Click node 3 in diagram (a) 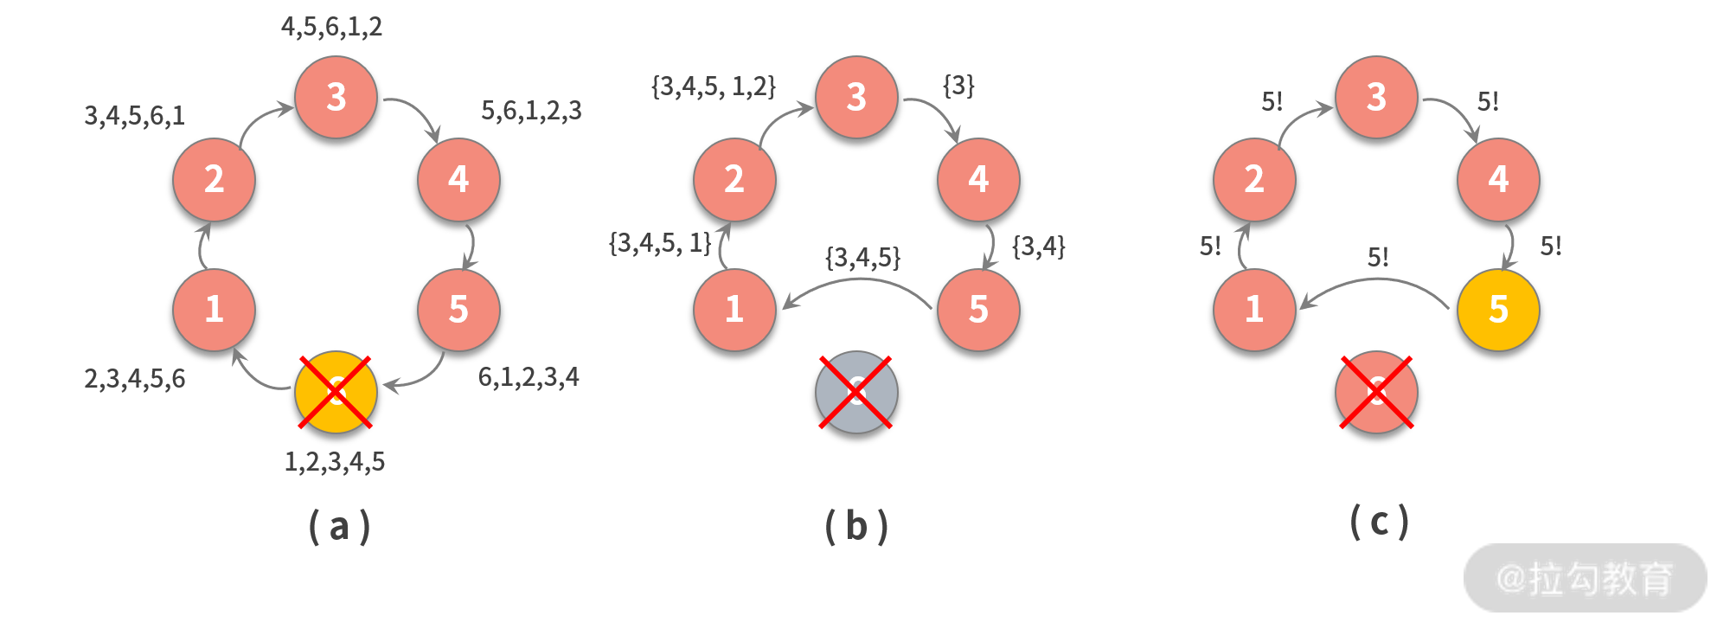coord(336,97)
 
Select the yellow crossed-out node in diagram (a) coord(336,392)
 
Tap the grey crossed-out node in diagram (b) coord(856,392)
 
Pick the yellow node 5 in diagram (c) coord(1498,309)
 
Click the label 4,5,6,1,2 coord(331,27)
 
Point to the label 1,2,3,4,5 coord(335,461)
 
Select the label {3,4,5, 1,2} coord(714,87)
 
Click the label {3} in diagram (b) coord(958,86)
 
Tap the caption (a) coord(339,526)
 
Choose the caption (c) coord(1380,522)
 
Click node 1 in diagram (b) coord(734,309)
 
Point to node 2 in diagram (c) coord(1254,179)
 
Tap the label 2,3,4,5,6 coord(134,378)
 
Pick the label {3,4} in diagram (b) coord(1038,247)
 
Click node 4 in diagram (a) coord(458,179)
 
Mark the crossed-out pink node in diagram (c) coord(1376,392)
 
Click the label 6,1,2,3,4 coord(529,376)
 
